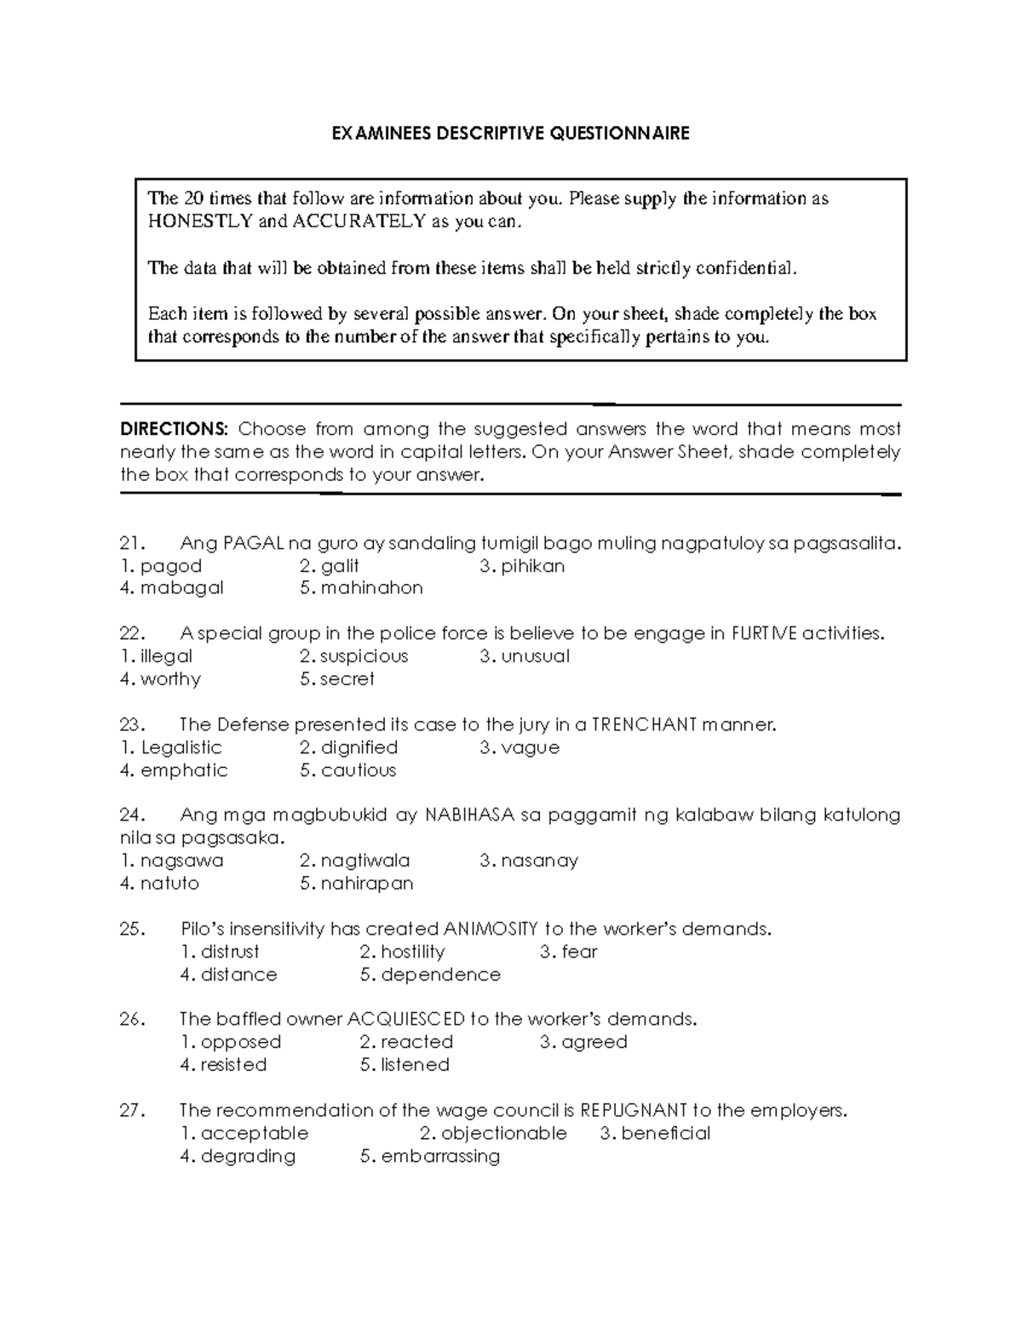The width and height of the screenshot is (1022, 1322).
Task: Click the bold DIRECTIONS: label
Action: pyautogui.click(x=175, y=429)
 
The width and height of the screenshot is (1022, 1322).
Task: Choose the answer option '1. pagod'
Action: pyautogui.click(x=161, y=566)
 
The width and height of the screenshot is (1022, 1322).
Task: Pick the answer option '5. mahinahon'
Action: pyautogui.click(x=361, y=588)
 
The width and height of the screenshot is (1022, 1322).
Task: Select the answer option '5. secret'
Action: pyautogui.click(x=337, y=679)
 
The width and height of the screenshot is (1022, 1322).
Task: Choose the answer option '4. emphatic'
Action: pyautogui.click(x=174, y=770)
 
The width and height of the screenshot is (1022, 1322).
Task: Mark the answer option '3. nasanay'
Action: pyautogui.click(x=529, y=861)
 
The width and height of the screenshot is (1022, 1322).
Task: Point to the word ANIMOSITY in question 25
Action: pyautogui.click(x=491, y=929)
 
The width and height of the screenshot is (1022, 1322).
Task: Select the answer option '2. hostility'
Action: pyautogui.click(x=402, y=952)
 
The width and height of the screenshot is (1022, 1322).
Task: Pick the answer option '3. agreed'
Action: pyautogui.click(x=583, y=1042)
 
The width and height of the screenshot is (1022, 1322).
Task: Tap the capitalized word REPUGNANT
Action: pyautogui.click(x=634, y=1110)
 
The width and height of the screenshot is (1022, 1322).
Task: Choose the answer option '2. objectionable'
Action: pyautogui.click(x=493, y=1133)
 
